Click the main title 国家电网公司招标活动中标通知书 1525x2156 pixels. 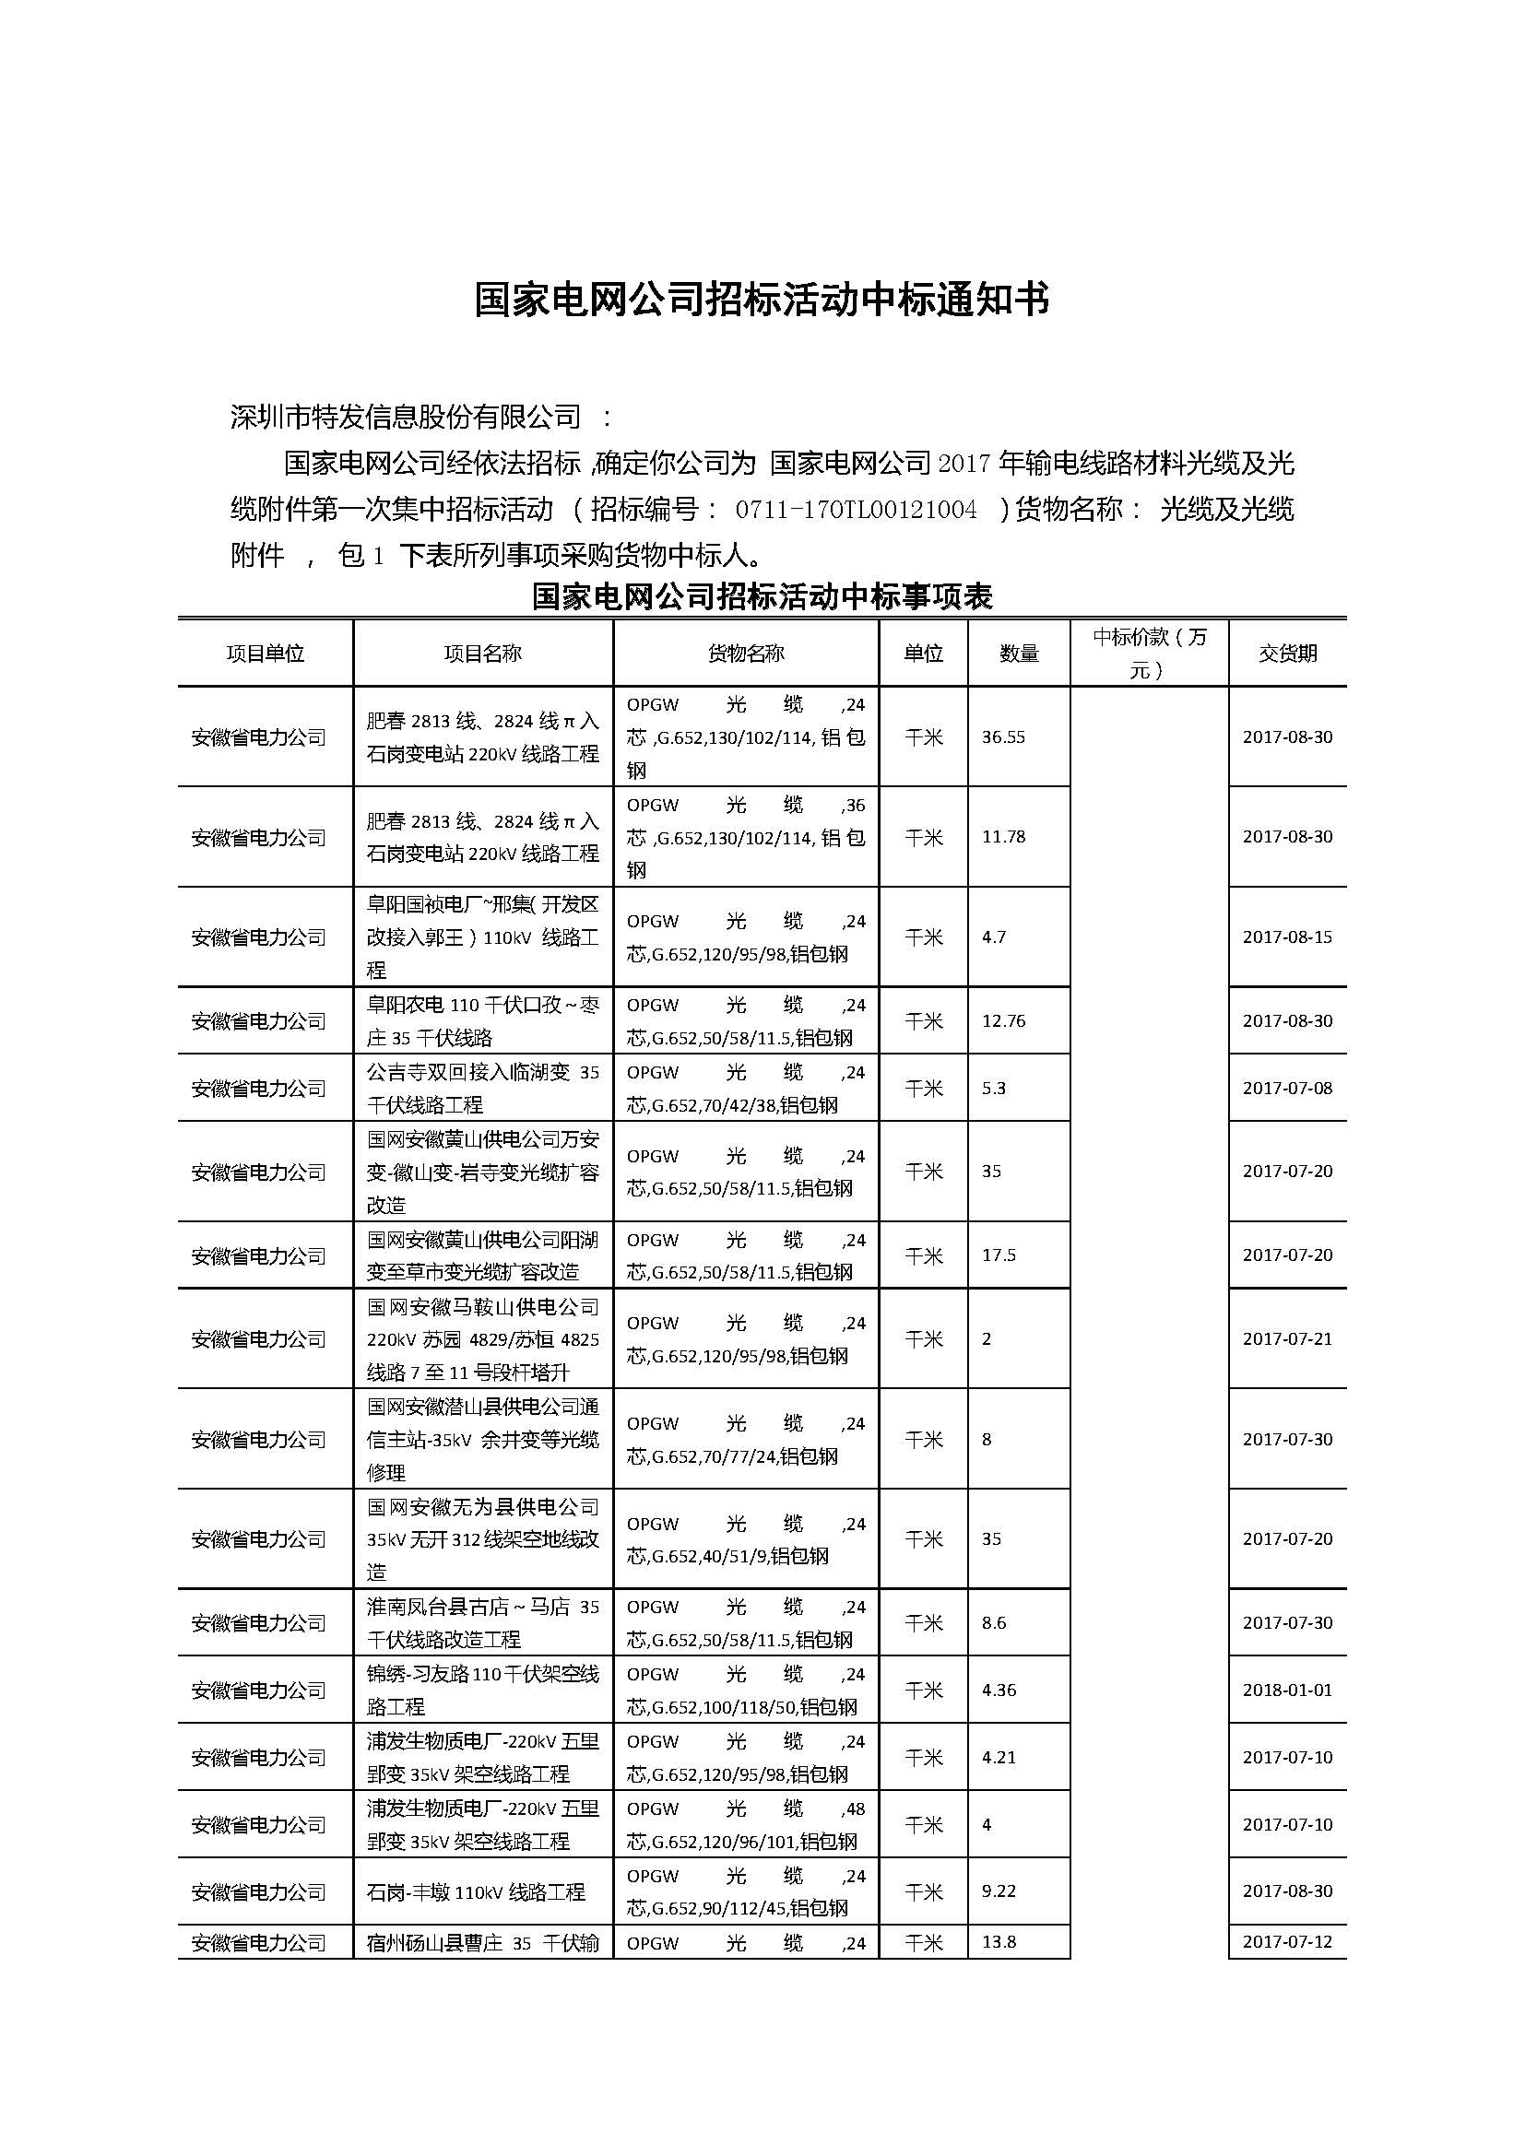(x=762, y=300)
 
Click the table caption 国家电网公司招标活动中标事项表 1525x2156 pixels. (x=762, y=596)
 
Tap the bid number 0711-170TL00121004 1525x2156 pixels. (x=856, y=510)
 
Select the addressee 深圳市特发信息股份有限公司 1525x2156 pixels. (x=406, y=417)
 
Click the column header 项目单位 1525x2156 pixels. (x=265, y=654)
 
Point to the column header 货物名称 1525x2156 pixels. (x=746, y=654)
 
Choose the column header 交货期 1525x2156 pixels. (x=1287, y=654)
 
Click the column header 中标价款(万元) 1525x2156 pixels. (x=1149, y=654)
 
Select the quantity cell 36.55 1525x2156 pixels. (x=1003, y=737)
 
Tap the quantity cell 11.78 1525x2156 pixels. (x=1003, y=837)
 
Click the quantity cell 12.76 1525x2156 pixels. (x=1003, y=1020)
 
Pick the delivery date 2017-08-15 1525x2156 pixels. (x=1287, y=937)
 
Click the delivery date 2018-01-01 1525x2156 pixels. (x=1287, y=1691)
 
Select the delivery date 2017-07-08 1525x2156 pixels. (x=1287, y=1089)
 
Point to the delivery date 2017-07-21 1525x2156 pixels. (x=1287, y=1339)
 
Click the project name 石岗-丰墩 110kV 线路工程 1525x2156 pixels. (x=476, y=1892)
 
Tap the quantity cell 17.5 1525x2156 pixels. (x=999, y=1255)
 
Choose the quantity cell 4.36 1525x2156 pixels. (x=999, y=1691)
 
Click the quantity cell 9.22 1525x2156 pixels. (x=999, y=1891)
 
